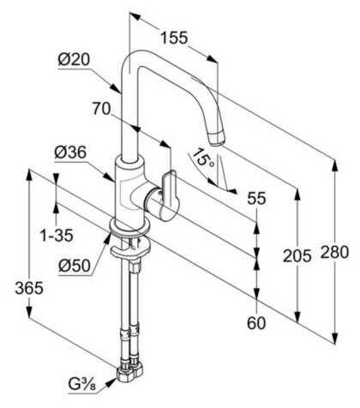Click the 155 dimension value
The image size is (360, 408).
tap(174, 38)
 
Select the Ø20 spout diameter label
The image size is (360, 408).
tap(74, 60)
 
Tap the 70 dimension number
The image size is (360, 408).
tap(101, 109)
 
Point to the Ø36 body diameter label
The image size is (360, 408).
tap(70, 153)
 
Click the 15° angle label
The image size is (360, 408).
tap(203, 158)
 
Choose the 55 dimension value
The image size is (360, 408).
tap(256, 198)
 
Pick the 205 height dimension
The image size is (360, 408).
tap(297, 255)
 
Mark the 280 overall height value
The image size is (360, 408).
tap(334, 252)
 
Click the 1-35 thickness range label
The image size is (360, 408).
tap(57, 236)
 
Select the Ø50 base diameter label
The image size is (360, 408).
tap(75, 266)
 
